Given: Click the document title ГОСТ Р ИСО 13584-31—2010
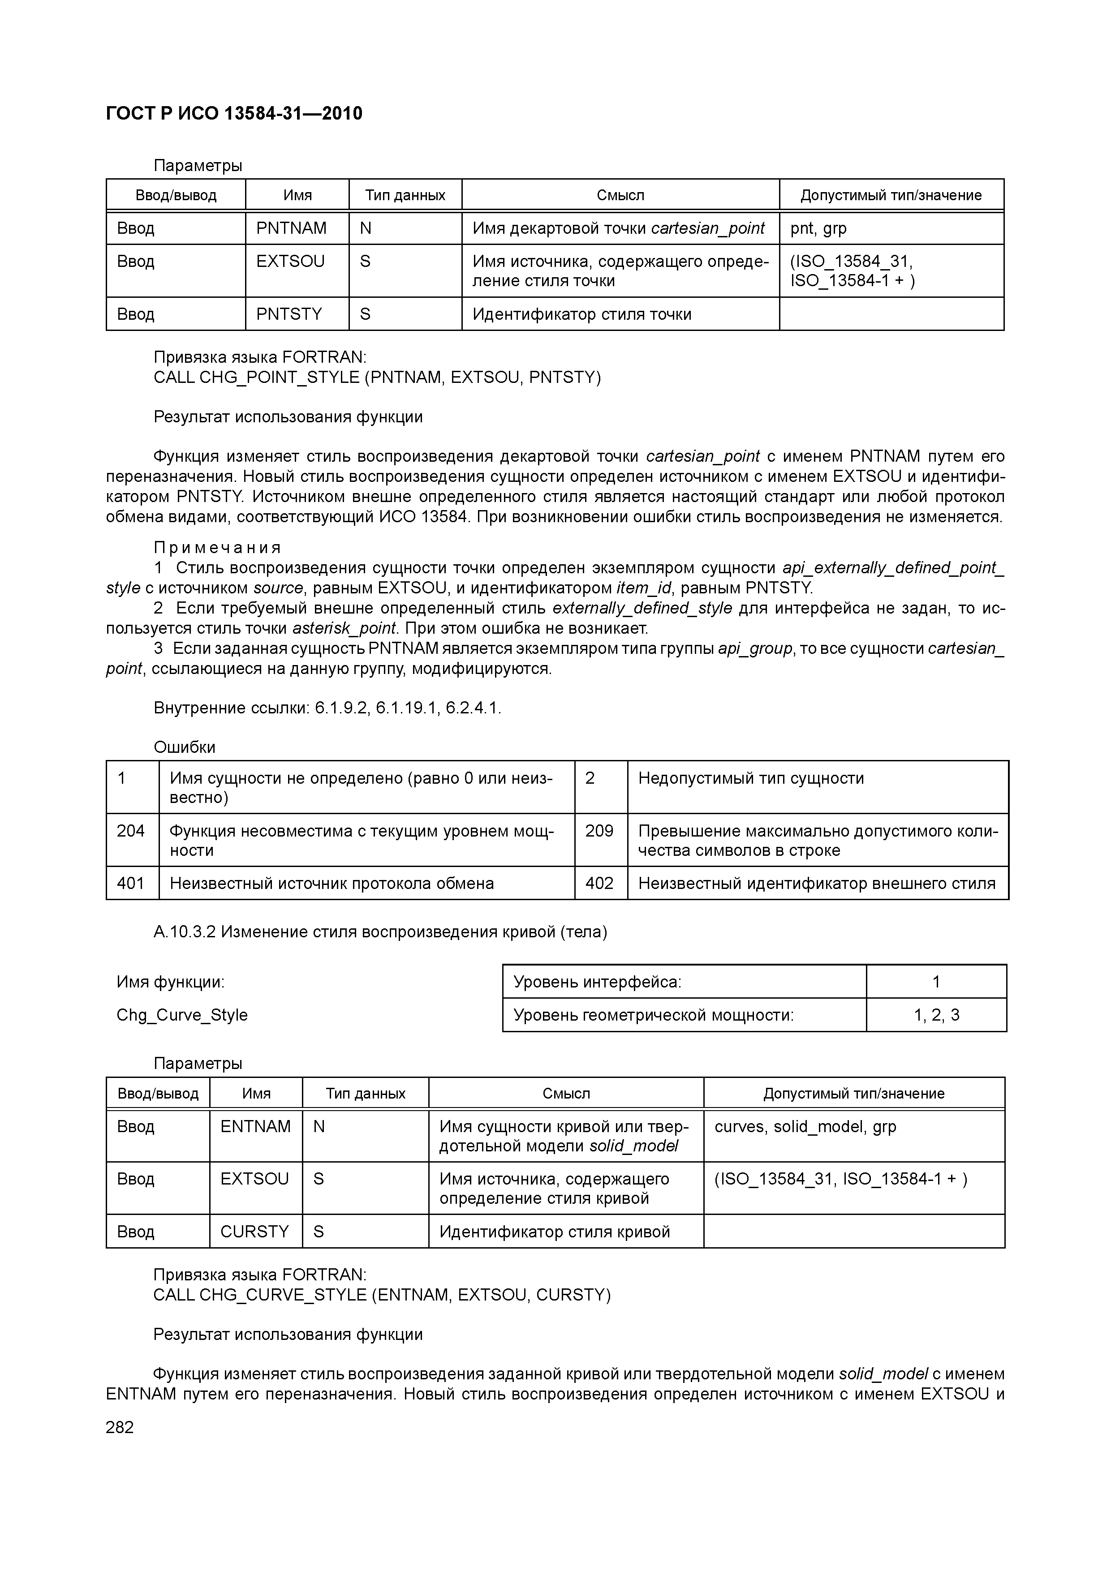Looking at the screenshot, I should click(x=234, y=113).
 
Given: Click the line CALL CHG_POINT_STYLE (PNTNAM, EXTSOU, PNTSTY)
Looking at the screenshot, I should click(x=377, y=377).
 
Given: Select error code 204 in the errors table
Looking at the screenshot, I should click(x=131, y=831).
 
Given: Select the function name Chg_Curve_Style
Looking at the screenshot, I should click(x=182, y=1015).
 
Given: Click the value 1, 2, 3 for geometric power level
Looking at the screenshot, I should click(x=936, y=1015).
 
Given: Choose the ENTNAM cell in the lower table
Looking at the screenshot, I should click(x=255, y=1126).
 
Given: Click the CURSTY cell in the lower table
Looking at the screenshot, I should click(x=254, y=1232).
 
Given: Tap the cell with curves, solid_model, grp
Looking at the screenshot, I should click(x=805, y=1126).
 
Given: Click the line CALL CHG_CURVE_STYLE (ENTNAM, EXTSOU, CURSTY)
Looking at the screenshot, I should click(x=382, y=1295).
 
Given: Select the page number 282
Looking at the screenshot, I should click(x=120, y=1427).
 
